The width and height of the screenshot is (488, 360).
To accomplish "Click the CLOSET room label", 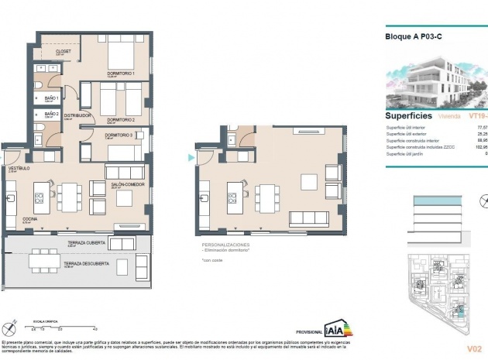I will pyautogui.click(x=64, y=52).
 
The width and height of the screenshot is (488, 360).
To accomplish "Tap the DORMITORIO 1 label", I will pyautogui.click(x=122, y=74).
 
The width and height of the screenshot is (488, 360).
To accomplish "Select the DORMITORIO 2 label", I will pyautogui.click(x=122, y=120).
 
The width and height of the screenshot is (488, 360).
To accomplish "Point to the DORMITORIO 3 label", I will pyautogui.click(x=119, y=135).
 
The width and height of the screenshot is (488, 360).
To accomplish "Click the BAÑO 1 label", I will pyautogui.click(x=52, y=98).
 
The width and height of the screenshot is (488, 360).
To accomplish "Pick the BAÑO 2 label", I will pyautogui.click(x=52, y=114).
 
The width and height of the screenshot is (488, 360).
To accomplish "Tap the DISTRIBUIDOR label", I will pyautogui.click(x=79, y=115).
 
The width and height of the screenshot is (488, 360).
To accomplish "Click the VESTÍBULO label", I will pyautogui.click(x=19, y=168).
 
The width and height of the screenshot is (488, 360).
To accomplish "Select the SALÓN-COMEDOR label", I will pyautogui.click(x=129, y=184).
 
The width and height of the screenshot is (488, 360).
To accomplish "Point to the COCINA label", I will pyautogui.click(x=29, y=220).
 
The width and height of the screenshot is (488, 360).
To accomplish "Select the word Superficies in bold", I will pyautogui.click(x=407, y=115).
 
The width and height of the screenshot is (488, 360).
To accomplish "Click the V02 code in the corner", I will pyautogui.click(x=474, y=348).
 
